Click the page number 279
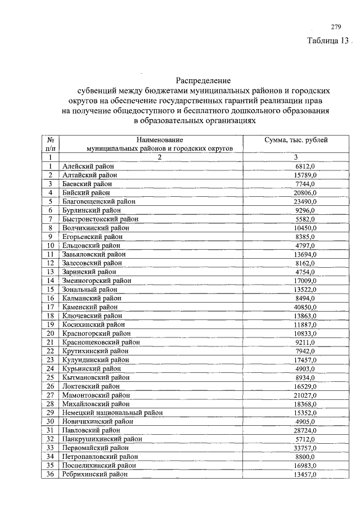336,26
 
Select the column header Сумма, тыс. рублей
296,139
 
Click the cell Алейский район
88,166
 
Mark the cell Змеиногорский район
97,280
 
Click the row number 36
50,474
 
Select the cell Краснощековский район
101,342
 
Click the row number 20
50,333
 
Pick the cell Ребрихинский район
96,474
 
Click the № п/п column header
50,143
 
